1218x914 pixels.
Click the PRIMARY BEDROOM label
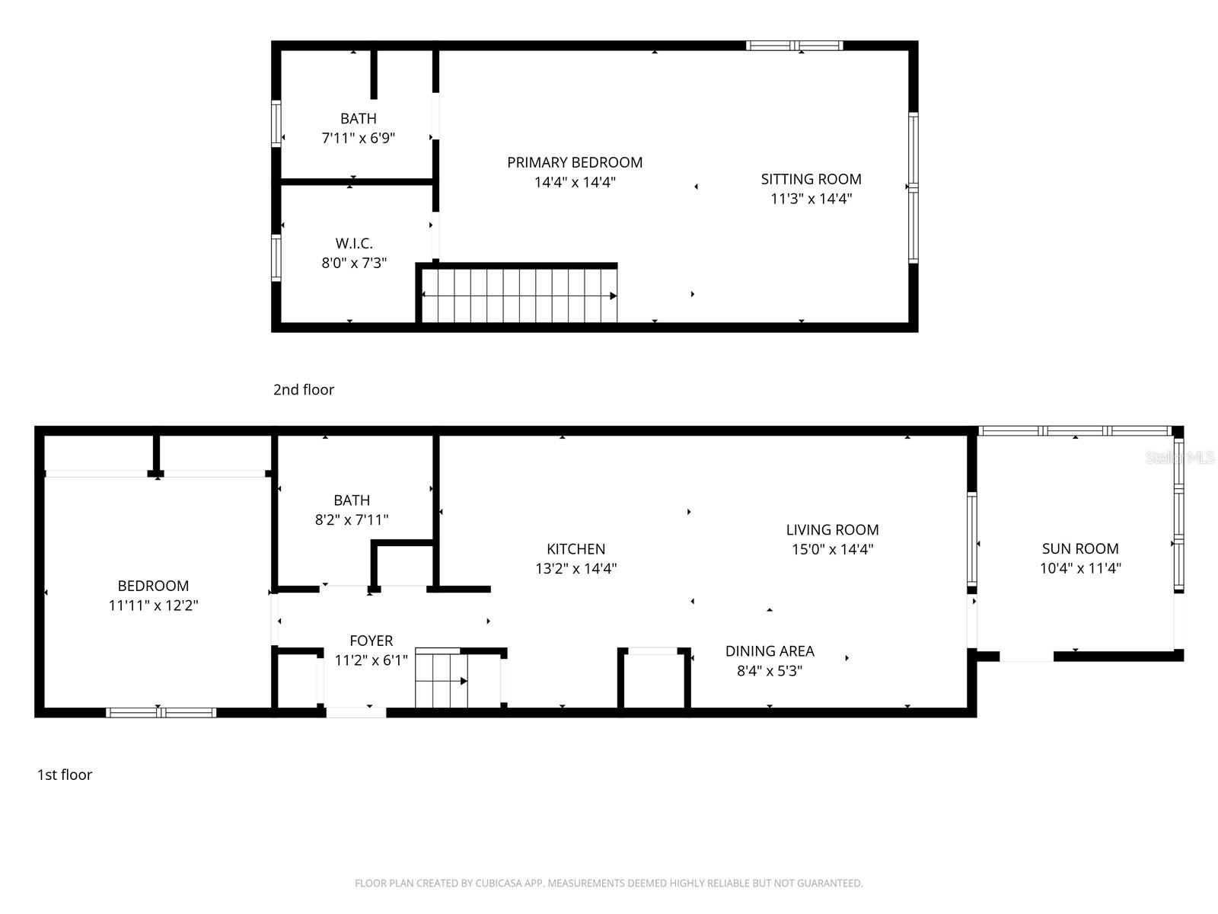pyautogui.click(x=575, y=162)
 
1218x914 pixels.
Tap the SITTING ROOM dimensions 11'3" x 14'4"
pyautogui.click(x=811, y=199)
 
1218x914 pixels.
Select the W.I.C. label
pyautogui.click(x=354, y=244)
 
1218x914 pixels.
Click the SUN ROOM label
pyautogui.click(x=1080, y=548)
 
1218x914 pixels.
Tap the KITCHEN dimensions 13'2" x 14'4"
pyautogui.click(x=576, y=568)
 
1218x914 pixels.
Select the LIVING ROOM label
pyautogui.click(x=832, y=529)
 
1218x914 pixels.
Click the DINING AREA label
pyautogui.click(x=770, y=651)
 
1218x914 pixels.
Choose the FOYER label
pyautogui.click(x=371, y=641)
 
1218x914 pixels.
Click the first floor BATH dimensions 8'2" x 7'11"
pyautogui.click(x=352, y=519)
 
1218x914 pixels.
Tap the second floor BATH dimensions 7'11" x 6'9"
pyautogui.click(x=358, y=138)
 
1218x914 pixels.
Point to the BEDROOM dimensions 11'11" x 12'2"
pyautogui.click(x=153, y=606)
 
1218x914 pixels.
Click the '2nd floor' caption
pyautogui.click(x=304, y=389)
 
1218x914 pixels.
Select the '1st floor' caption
pyautogui.click(x=65, y=775)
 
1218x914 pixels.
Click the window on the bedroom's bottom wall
pyautogui.click(x=161, y=713)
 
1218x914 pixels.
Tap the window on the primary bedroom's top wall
pyautogui.click(x=794, y=46)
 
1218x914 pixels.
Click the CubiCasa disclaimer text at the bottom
pyautogui.click(x=608, y=884)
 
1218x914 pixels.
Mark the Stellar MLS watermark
pyautogui.click(x=1180, y=457)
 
